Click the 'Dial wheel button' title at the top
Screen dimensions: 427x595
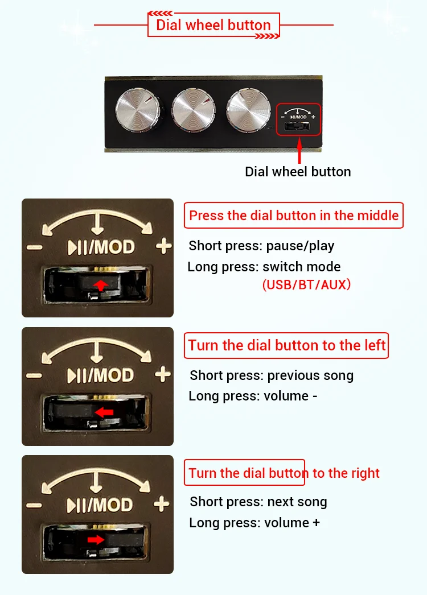(x=213, y=25)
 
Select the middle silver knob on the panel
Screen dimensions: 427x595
(x=194, y=110)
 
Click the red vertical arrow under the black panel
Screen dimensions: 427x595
(x=299, y=151)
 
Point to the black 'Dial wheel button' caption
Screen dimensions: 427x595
(x=298, y=172)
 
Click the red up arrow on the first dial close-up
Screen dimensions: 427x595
(x=100, y=285)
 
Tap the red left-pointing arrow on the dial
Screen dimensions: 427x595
(x=104, y=412)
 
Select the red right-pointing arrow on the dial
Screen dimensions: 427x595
(x=96, y=540)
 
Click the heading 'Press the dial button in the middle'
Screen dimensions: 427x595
(x=294, y=215)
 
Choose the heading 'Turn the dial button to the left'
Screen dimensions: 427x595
(x=287, y=345)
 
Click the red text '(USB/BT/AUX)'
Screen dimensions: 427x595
(x=306, y=284)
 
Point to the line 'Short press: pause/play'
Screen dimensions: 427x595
(x=261, y=246)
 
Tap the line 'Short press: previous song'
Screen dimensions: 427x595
(x=272, y=375)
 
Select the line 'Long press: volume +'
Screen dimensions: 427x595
(x=254, y=523)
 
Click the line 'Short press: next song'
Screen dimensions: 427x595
(x=258, y=502)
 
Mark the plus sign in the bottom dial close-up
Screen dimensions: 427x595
(x=162, y=504)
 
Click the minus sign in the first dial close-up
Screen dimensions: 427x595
(x=35, y=247)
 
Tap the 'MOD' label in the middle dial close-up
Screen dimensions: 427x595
(x=114, y=375)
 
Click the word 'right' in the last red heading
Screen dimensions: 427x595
(x=365, y=474)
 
